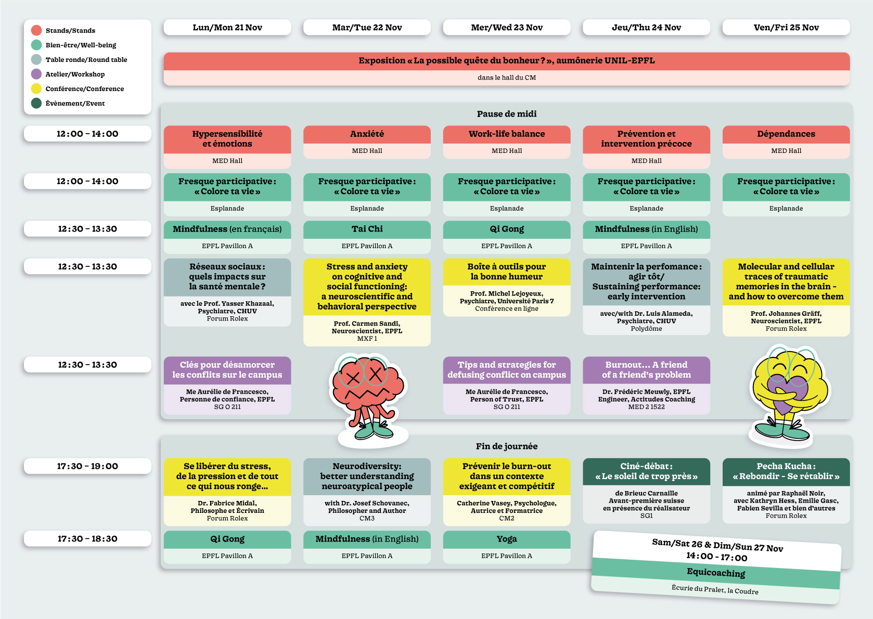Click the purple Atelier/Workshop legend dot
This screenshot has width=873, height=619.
coord(36,74)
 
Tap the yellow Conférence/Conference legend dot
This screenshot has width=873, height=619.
coord(36,88)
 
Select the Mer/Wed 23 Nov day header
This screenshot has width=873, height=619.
coord(506,28)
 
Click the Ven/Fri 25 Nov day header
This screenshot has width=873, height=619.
coord(786,28)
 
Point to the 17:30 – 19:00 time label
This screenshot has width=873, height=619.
coord(87,466)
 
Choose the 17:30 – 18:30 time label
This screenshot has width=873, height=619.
coord(87,539)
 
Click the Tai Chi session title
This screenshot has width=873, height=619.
coord(367,229)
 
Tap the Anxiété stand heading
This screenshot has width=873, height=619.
coord(367,134)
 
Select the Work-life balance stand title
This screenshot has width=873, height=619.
coord(506,134)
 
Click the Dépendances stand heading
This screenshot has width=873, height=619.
coord(786,134)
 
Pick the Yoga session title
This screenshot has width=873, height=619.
coord(506,539)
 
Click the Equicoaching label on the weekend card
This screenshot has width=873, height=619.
coord(716,573)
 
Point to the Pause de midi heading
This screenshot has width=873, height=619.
coord(506,114)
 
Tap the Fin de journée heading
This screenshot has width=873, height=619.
coord(506,446)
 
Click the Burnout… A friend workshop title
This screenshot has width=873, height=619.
coord(646,369)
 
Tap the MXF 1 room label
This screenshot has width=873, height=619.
coord(367,339)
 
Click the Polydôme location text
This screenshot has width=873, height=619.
coord(646,329)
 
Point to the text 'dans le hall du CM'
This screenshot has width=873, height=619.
coord(506,78)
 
